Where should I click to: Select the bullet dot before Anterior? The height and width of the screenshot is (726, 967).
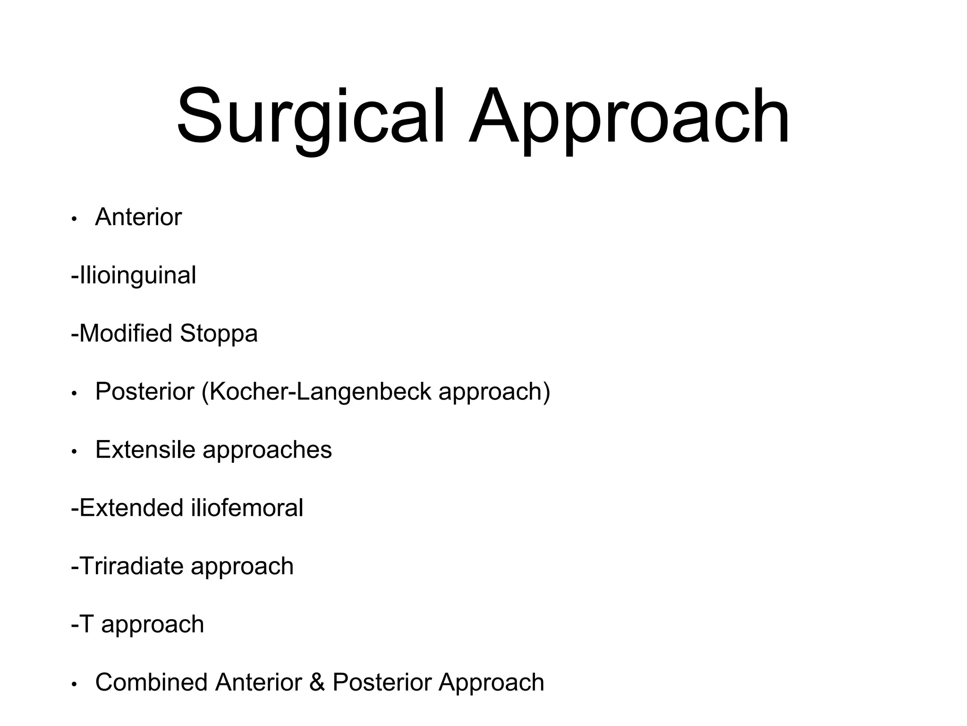(74, 219)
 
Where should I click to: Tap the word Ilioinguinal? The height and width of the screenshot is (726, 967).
(138, 276)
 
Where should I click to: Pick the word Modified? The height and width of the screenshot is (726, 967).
(126, 333)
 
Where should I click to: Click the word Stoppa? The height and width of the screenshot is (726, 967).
(219, 334)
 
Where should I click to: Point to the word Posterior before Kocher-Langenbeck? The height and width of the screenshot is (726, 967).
(145, 391)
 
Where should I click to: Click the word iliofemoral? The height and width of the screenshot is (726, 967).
(247, 508)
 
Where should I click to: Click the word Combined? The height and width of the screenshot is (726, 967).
(151, 682)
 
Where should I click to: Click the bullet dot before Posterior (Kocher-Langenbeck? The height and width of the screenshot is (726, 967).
(74, 394)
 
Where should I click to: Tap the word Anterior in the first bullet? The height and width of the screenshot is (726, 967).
(138, 217)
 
